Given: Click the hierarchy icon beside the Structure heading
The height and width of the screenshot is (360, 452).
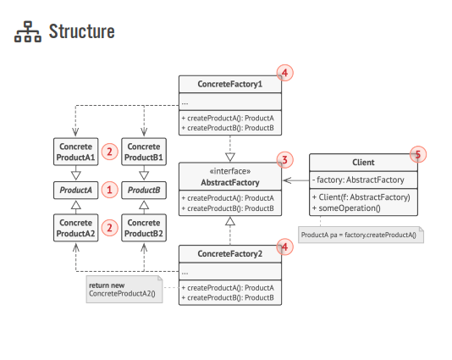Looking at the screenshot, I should (28, 32).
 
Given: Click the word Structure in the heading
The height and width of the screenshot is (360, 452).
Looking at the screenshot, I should (81, 32).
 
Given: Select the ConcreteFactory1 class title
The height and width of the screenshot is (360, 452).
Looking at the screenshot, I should (229, 85).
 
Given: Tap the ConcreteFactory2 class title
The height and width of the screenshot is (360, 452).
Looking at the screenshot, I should (229, 254).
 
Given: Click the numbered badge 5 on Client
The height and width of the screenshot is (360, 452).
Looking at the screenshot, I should (416, 154).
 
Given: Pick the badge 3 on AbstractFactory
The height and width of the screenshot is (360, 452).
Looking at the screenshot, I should (285, 159).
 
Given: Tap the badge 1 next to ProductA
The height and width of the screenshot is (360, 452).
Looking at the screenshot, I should (109, 190).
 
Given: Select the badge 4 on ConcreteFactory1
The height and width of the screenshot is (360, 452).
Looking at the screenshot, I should (285, 74).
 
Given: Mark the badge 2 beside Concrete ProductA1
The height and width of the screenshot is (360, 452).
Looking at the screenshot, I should (109, 152).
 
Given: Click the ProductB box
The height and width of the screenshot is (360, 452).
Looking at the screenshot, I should (143, 190).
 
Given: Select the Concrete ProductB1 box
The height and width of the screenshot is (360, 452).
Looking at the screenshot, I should (143, 152).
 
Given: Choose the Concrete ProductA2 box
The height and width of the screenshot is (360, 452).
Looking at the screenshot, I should (75, 227).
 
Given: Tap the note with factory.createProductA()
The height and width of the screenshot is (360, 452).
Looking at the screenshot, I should (359, 234).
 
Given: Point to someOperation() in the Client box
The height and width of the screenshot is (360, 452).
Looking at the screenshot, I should (347, 208).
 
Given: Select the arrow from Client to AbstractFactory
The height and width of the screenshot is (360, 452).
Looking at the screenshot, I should (295, 180).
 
